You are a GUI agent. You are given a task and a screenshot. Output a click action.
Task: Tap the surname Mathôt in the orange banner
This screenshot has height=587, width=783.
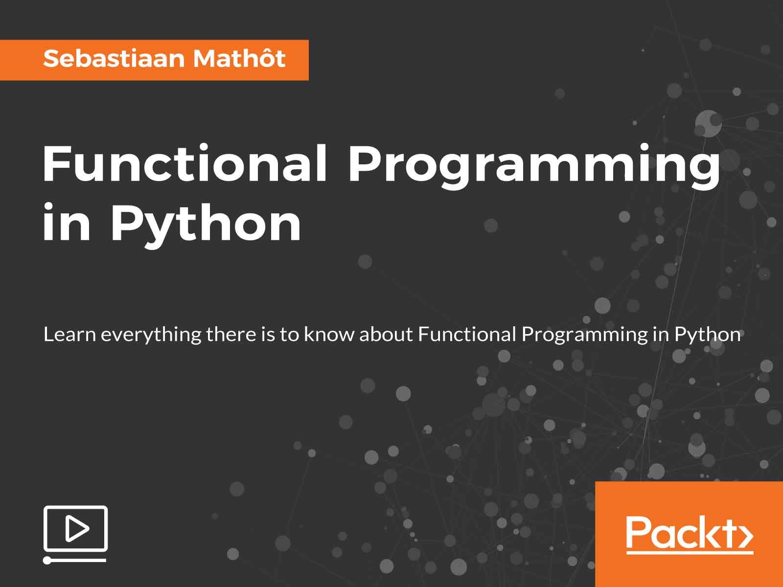239,59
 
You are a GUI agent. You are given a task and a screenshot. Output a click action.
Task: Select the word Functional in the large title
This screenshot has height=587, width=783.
184,165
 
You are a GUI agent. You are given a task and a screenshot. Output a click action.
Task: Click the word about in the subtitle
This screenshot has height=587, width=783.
389,335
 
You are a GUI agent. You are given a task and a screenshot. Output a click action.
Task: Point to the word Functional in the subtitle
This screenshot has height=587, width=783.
467,335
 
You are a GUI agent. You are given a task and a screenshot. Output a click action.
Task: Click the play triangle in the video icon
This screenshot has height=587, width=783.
77,529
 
